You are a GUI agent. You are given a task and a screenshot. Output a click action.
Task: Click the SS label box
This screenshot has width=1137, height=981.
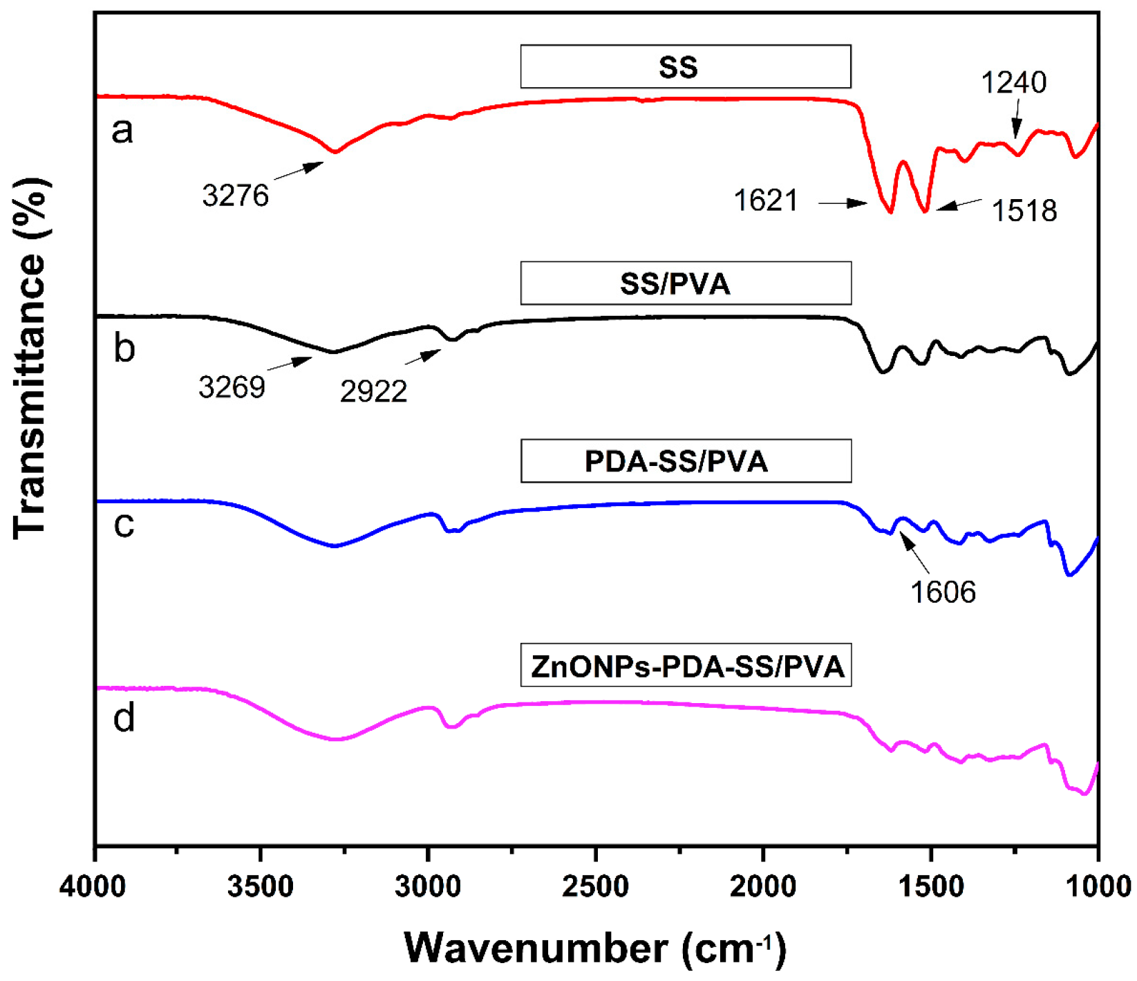click(685, 67)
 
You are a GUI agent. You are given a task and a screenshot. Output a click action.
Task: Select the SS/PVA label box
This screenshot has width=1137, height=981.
click(685, 283)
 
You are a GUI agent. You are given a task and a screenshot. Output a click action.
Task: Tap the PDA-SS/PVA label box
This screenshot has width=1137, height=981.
click(685, 461)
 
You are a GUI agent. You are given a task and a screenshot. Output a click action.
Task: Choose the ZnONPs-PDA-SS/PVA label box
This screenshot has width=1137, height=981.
click(685, 666)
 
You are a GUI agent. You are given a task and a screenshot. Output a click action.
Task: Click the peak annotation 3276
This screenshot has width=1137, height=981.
click(235, 196)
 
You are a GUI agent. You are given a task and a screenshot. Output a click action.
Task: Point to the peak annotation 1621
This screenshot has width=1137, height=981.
click(766, 201)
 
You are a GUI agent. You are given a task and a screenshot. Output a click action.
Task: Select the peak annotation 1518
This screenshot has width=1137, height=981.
click(1024, 211)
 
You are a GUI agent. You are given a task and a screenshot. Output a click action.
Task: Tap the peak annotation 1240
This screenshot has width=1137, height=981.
click(1013, 83)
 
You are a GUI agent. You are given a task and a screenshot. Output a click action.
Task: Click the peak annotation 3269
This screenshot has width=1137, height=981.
click(232, 387)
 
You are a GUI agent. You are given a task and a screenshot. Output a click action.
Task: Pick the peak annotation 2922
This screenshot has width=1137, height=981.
click(373, 392)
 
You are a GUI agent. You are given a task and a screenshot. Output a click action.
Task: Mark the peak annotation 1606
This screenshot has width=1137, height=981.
click(942, 592)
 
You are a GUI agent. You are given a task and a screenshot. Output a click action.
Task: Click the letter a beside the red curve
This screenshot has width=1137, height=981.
click(122, 130)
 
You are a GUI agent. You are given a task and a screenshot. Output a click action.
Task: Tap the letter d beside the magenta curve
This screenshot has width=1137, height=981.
click(124, 718)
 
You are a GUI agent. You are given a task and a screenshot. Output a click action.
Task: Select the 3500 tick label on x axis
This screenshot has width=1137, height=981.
click(261, 886)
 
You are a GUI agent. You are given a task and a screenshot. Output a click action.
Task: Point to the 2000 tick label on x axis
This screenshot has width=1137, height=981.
click(763, 886)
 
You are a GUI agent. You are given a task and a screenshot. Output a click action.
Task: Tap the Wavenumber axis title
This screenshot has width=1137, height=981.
click(595, 948)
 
